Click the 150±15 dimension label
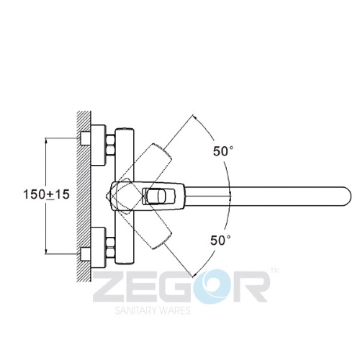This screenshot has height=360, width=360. click(x=46, y=194)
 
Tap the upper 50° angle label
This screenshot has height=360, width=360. click(x=223, y=151)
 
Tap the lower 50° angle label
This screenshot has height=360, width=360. click(x=220, y=240)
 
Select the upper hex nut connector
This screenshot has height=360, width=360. click(x=110, y=145)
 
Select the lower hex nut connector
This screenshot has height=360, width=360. click(x=110, y=247)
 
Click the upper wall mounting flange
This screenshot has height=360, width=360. click(x=98, y=145)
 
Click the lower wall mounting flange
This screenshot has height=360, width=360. click(x=98, y=248)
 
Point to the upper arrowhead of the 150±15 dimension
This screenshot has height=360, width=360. click(x=46, y=140)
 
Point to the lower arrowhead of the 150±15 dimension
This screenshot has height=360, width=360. click(x=46, y=251)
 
